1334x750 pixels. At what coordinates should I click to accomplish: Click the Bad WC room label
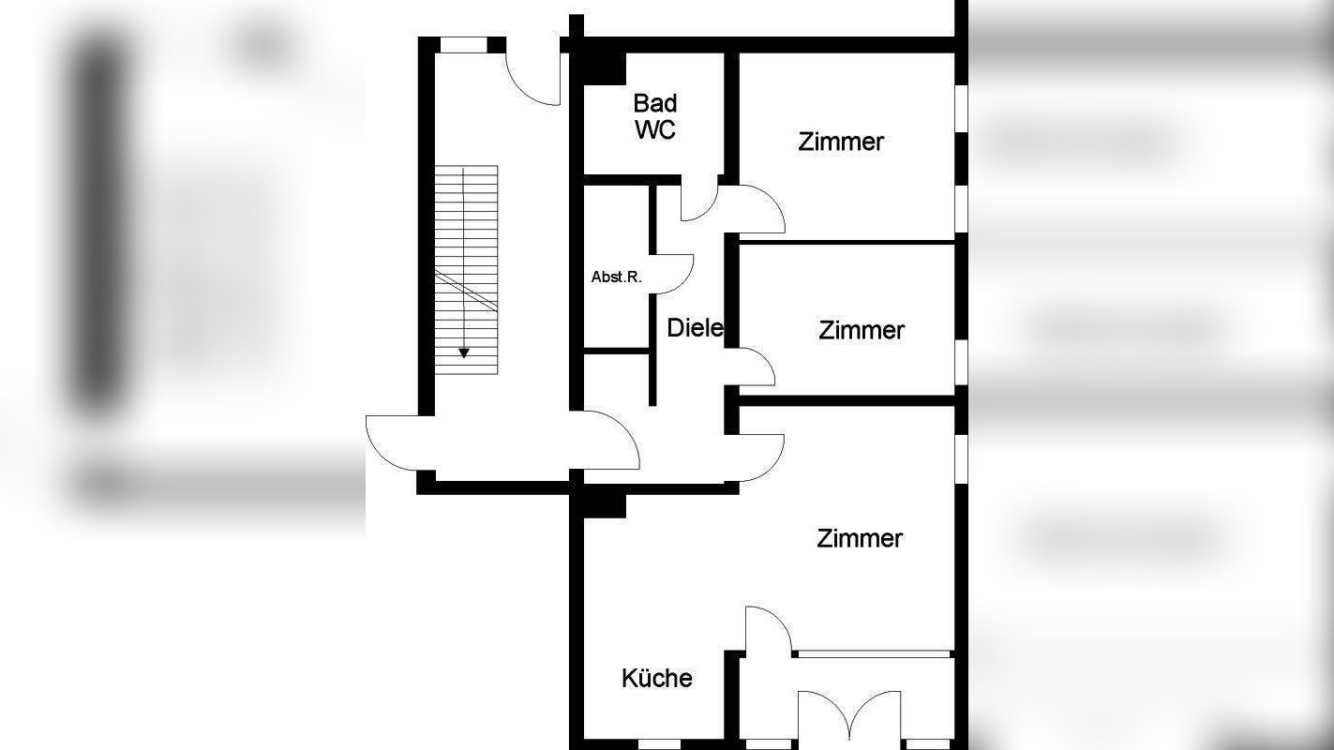point(654,116)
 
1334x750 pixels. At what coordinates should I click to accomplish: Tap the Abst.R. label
point(616,277)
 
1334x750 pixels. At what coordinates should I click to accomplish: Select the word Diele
point(695,328)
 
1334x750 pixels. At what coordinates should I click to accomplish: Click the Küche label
point(656,678)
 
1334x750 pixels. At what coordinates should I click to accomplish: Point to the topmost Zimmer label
point(841,142)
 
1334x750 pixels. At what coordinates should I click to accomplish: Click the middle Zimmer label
point(861,330)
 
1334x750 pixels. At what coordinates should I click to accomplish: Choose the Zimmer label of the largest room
point(859,538)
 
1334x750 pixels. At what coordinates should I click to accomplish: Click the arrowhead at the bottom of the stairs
point(464,352)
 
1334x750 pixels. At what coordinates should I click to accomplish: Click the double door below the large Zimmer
point(849,716)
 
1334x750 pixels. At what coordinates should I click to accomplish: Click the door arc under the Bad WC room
point(697,204)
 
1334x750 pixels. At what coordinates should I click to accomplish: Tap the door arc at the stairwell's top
point(532,75)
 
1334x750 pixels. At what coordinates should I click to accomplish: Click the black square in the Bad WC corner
point(604,67)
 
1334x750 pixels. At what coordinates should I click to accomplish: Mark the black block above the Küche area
point(604,504)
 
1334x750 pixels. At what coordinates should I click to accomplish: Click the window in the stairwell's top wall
point(463,44)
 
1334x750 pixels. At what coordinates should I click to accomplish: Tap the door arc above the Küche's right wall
point(763,629)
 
